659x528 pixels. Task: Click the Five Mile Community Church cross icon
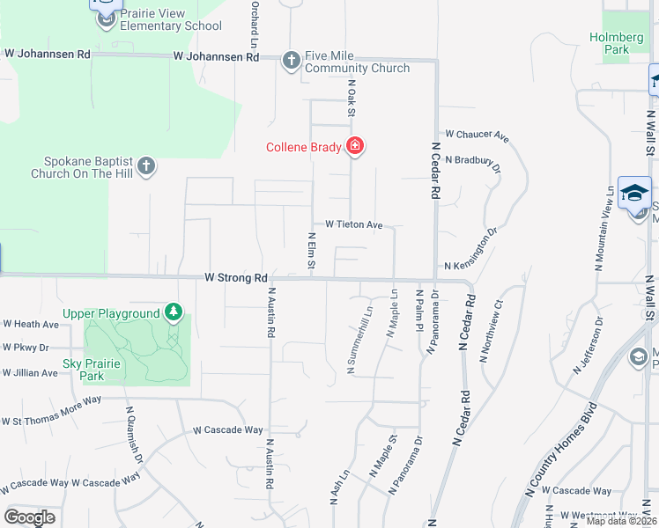tap(292, 60)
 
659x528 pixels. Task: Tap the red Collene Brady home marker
tap(355, 146)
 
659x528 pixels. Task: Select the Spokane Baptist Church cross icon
tap(146, 165)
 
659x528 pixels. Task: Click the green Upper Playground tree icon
tap(174, 312)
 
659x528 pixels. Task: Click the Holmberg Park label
tap(610, 43)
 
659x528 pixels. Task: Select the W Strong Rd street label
tap(235, 276)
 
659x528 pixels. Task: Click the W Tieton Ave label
tap(354, 225)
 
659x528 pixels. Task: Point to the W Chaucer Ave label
tap(478, 136)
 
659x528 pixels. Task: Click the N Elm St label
tap(311, 252)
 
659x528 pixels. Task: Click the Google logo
tap(29, 517)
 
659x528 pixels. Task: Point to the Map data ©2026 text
tap(620, 521)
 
